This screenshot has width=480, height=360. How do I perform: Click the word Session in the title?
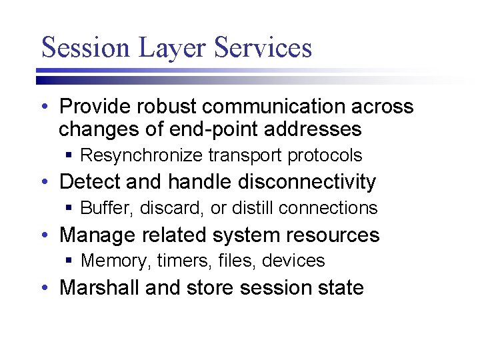tap(77, 47)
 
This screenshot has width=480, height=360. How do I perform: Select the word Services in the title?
tap(263, 47)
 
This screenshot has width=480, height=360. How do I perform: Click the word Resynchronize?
tap(141, 155)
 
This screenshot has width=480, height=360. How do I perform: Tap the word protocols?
tap(325, 155)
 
